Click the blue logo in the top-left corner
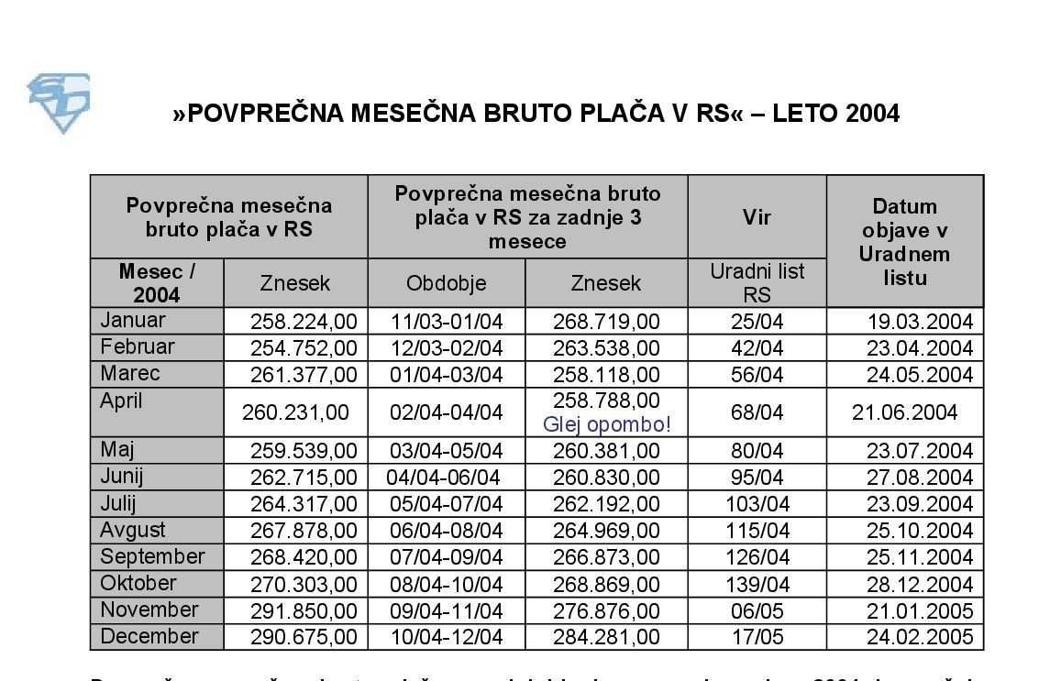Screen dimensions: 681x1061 59,102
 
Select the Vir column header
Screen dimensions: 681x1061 757,217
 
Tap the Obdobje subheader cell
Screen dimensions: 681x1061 447,283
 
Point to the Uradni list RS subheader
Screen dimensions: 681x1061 757,283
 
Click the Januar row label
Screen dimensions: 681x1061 133,321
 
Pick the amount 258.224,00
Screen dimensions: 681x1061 304,322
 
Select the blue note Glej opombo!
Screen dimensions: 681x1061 606,424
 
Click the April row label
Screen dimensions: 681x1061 122,401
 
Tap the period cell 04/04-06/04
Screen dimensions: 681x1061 443,478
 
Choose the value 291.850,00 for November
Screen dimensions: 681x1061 304,611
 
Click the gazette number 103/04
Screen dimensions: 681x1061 757,504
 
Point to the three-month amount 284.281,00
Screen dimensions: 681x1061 606,638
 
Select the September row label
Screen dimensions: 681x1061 152,557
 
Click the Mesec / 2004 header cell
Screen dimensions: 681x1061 157,283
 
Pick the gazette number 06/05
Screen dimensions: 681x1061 757,611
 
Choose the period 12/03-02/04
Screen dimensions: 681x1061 447,348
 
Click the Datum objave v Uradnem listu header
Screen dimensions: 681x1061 904,242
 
